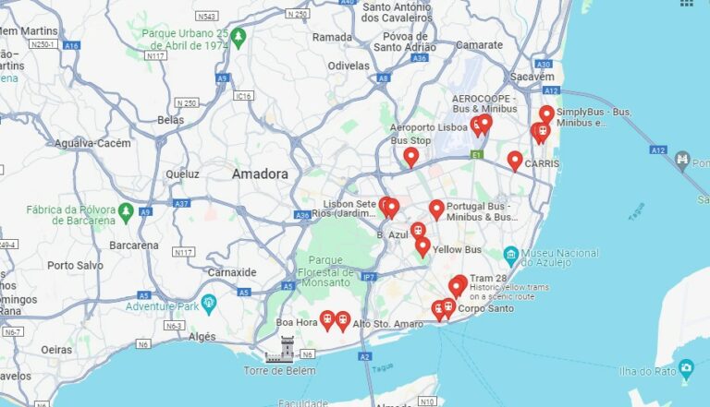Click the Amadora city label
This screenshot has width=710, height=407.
[x=260, y=174]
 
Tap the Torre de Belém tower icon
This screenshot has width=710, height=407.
[x=286, y=349]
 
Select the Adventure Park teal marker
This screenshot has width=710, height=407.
[x=209, y=304]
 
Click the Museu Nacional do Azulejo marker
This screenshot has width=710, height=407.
[x=510, y=254]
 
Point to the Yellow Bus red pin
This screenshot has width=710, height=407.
[x=422, y=246]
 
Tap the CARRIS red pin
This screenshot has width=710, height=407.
[x=515, y=161]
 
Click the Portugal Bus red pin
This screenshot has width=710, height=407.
[x=436, y=209]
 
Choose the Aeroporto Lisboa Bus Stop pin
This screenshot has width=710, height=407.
[x=411, y=157]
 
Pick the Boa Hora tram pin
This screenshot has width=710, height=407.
[x=326, y=319]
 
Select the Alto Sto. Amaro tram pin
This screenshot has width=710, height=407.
[x=343, y=320]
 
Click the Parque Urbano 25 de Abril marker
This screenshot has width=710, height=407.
[x=239, y=38]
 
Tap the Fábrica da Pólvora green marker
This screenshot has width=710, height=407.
[x=126, y=213]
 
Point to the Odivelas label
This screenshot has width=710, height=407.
[x=349, y=66]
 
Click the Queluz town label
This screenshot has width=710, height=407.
[x=182, y=174]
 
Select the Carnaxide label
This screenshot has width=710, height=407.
[x=231, y=272]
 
